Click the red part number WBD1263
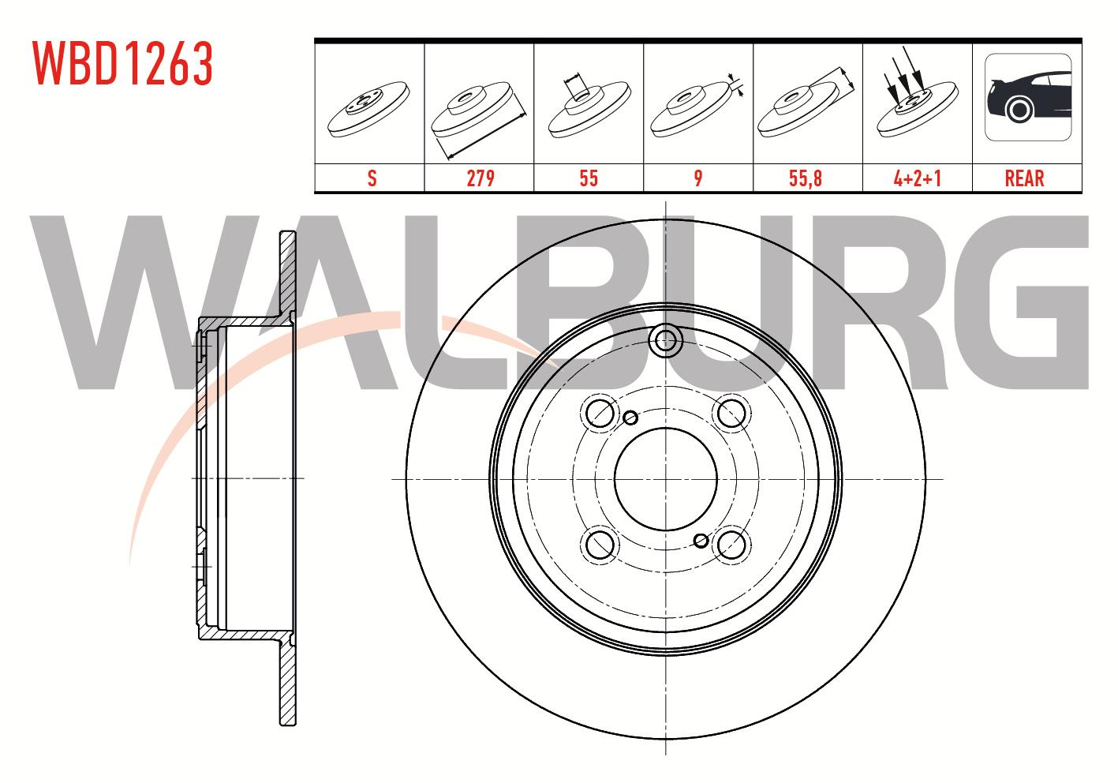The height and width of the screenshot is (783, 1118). (x=122, y=63)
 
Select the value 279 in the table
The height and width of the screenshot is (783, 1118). (x=480, y=178)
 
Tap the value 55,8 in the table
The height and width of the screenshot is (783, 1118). (x=805, y=178)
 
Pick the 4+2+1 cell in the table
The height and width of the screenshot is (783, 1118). (x=918, y=178)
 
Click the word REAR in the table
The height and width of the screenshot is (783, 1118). (x=1024, y=178)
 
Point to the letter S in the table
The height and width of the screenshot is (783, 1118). (x=372, y=178)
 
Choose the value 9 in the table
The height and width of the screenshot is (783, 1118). (x=698, y=178)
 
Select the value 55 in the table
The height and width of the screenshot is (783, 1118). (x=589, y=178)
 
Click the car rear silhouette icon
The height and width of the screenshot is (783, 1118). (x=1028, y=97)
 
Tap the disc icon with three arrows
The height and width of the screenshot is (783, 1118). (x=918, y=98)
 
